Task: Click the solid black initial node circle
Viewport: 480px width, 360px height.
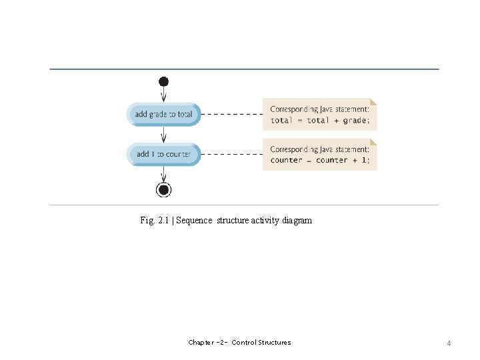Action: click(x=164, y=81)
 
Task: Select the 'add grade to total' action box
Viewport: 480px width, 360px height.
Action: click(x=163, y=114)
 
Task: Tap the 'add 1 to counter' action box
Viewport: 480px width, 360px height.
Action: click(x=163, y=154)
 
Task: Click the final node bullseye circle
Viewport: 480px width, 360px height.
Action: click(x=164, y=190)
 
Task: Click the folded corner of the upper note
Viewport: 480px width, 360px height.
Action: click(x=373, y=102)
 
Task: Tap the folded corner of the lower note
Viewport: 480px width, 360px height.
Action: click(x=373, y=142)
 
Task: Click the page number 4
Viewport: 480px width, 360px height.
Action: click(x=449, y=343)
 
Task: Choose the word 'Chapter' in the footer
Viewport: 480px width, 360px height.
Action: click(x=201, y=343)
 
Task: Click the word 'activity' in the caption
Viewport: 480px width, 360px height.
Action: click(x=265, y=220)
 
